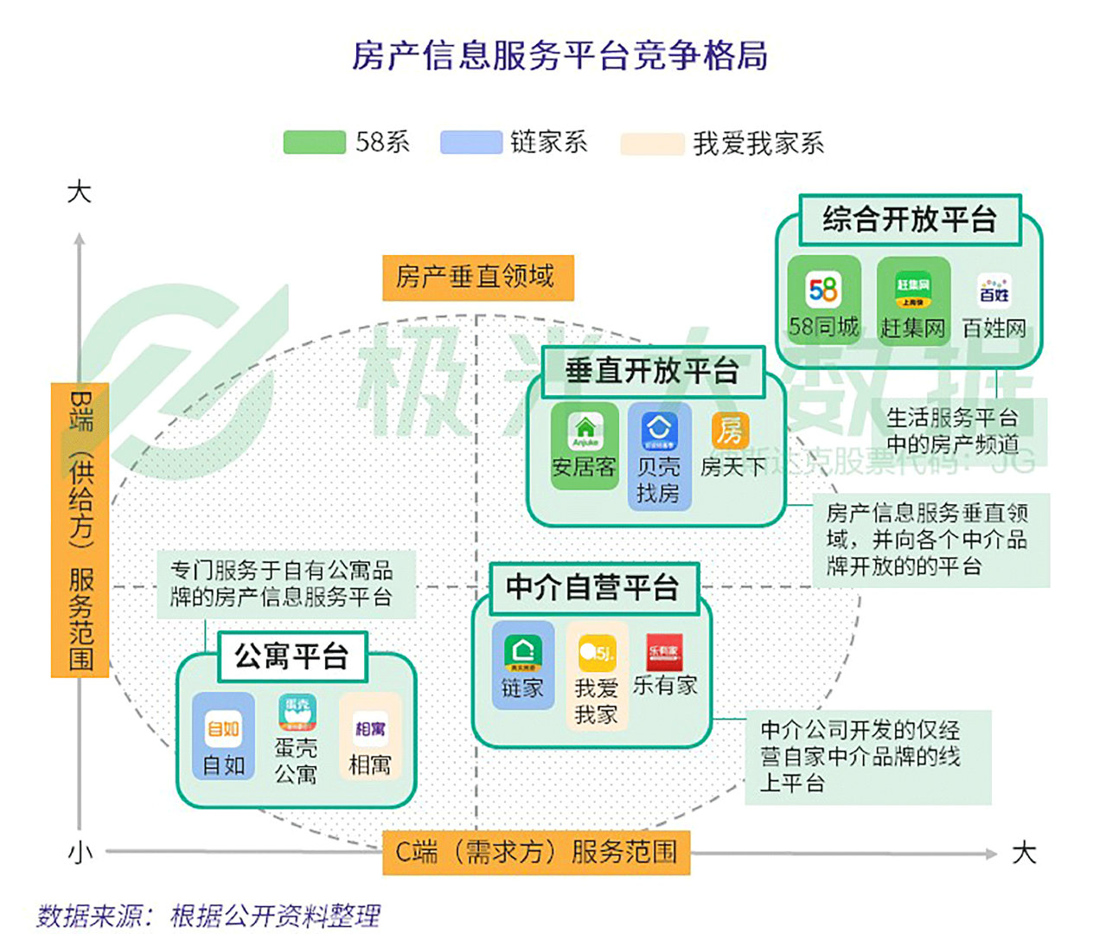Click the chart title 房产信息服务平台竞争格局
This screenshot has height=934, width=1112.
pos(559,55)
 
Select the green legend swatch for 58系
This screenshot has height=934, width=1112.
pos(314,143)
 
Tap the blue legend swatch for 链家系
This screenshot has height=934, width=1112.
pos(470,143)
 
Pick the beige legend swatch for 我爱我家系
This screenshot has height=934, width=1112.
pos(652,144)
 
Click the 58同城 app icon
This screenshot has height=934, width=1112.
pos(823,290)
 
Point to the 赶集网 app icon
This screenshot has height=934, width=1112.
pos(913,290)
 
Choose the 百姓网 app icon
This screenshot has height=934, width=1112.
pos(994,291)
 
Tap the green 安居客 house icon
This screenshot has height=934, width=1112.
pos(585,429)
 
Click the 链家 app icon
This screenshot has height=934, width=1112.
pos(523,653)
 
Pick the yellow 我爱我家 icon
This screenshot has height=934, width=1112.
pos(597,653)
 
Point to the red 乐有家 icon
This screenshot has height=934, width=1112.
pos(664,651)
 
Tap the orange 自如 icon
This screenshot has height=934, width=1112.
pos(223,728)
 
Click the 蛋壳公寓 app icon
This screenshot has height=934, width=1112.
pos(297,713)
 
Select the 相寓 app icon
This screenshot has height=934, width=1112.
pos(370,729)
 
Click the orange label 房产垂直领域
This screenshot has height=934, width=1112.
pos(477,277)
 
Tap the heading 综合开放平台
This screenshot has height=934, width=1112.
pos(909,220)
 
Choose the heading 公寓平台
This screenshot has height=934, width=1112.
pos(291,656)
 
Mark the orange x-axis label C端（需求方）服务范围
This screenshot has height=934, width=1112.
pos(536,852)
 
